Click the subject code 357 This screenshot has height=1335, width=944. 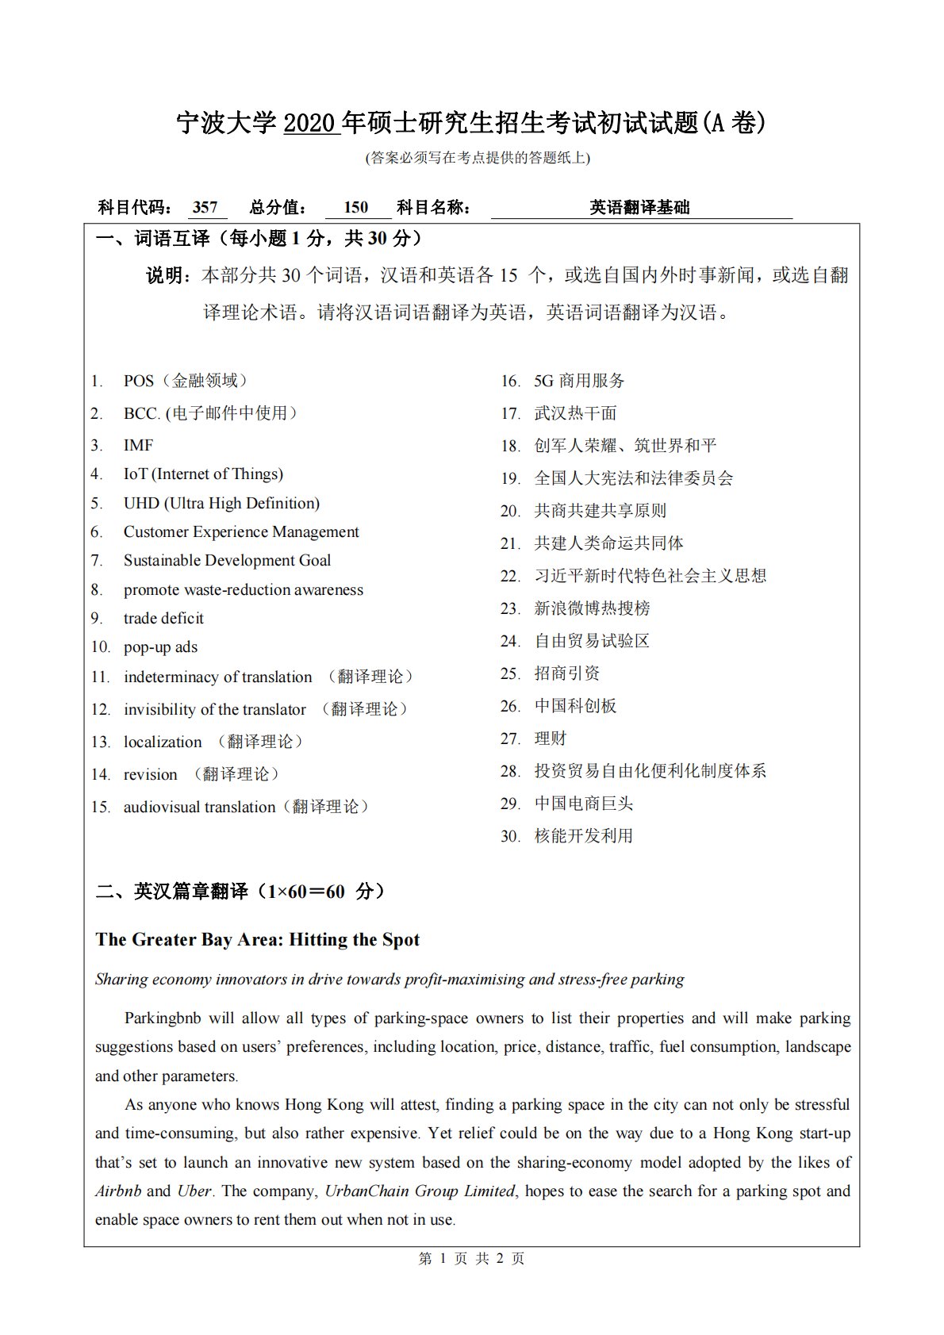pyautogui.click(x=205, y=208)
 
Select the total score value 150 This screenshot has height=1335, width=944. pyautogui.click(x=356, y=208)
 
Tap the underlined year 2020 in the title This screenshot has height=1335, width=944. pyautogui.click(x=312, y=123)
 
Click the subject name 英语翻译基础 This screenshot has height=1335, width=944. pyautogui.click(x=639, y=208)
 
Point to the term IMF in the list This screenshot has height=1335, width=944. pyautogui.click(x=138, y=445)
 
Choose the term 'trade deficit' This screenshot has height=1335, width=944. pyautogui.click(x=163, y=618)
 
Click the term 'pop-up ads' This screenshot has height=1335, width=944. pyautogui.click(x=160, y=647)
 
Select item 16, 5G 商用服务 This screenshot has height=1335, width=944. pyautogui.click(x=579, y=382)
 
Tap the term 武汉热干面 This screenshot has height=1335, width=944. pyautogui.click(x=575, y=413)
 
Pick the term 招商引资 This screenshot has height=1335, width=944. pyautogui.click(x=567, y=673)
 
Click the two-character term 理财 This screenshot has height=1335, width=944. pyautogui.click(x=551, y=738)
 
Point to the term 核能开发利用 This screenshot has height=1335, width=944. pyautogui.click(x=583, y=836)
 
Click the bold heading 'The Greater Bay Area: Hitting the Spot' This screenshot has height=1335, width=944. pyautogui.click(x=257, y=940)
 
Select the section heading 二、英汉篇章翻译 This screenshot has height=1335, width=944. pyautogui.click(x=172, y=892)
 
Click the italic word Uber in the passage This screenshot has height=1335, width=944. pyautogui.click(x=194, y=1191)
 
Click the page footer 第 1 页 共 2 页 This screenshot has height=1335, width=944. pyautogui.click(x=471, y=1259)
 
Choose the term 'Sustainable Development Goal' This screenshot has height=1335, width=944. pyautogui.click(x=227, y=561)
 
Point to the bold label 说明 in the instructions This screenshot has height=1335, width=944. pyautogui.click(x=167, y=276)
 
